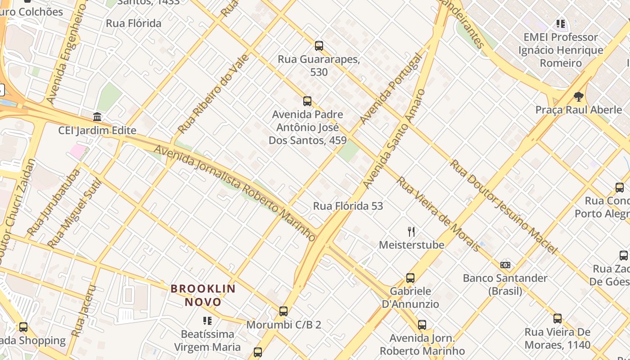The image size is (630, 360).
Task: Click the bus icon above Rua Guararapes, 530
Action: [x=319, y=46]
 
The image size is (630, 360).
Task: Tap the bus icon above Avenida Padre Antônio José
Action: [x=307, y=101]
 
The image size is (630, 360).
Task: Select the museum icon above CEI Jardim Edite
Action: [x=97, y=117]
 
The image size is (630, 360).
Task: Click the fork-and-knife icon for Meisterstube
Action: [x=411, y=232]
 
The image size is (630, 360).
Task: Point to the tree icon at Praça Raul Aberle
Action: [x=579, y=96]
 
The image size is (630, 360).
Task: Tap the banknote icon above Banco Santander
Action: [x=505, y=265]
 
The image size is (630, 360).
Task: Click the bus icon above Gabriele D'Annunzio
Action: [x=410, y=278]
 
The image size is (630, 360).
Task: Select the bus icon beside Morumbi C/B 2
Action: [x=283, y=311]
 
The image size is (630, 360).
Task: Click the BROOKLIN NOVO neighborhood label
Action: [x=203, y=295]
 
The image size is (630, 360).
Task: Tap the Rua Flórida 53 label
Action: [x=348, y=206]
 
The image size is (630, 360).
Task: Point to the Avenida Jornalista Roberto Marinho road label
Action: [x=235, y=192]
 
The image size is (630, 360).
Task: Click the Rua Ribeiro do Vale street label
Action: [x=213, y=94]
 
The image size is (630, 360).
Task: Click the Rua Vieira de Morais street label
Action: [x=439, y=214]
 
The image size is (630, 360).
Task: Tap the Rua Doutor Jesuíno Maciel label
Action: [x=504, y=207]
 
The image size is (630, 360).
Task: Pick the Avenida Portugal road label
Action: [x=391, y=89]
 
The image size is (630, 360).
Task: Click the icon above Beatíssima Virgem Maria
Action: [x=207, y=321]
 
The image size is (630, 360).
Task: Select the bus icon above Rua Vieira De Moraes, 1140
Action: [x=558, y=319]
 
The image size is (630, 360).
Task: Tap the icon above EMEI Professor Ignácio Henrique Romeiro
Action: [x=560, y=23]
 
